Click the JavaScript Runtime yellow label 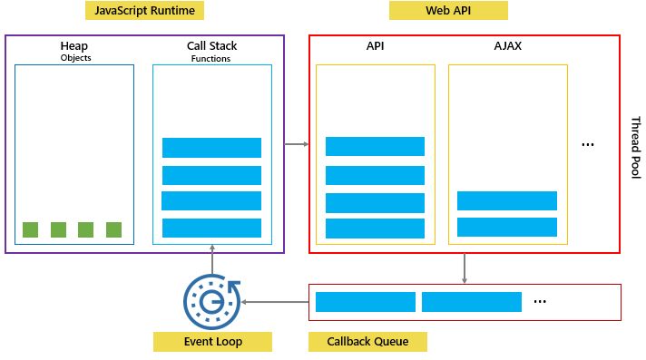point(144,11)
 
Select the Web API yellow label point(448,11)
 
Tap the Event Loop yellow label point(212,342)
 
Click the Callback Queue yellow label point(367,342)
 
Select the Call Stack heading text point(210,45)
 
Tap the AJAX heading point(507,45)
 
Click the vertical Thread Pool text point(635,147)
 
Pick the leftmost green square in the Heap point(30,229)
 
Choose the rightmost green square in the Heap point(113,229)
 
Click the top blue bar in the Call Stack point(211,148)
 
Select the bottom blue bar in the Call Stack point(211,228)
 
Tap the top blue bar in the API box point(375,146)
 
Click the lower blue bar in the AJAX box point(507,227)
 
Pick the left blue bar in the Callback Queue point(365,302)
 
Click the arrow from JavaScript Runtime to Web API point(297,143)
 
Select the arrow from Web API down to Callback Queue point(465,268)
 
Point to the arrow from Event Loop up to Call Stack point(212,259)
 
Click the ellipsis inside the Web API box point(588,145)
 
